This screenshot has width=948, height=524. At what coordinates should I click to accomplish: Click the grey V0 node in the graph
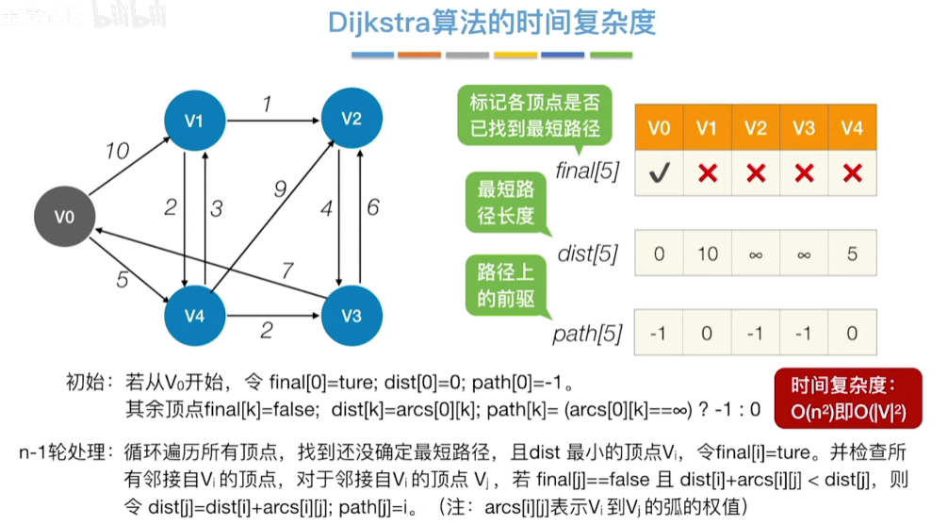(x=64, y=217)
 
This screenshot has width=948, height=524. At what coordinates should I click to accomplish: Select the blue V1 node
(x=194, y=121)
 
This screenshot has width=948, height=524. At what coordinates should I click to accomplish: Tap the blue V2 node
(x=351, y=118)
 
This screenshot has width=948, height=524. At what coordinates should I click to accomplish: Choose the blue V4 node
(x=194, y=316)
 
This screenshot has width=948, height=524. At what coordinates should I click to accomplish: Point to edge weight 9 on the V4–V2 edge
(x=280, y=189)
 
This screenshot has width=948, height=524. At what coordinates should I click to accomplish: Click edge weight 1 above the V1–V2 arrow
(x=267, y=105)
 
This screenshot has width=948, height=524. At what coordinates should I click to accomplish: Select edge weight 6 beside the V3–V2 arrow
(x=373, y=207)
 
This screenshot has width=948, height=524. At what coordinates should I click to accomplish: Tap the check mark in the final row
(x=659, y=173)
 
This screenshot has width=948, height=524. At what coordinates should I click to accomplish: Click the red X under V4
(x=852, y=173)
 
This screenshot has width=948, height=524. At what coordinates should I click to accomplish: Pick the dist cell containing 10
(x=707, y=254)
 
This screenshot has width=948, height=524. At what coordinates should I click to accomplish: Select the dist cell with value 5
(x=852, y=254)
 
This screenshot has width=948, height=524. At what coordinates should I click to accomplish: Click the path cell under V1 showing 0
(x=707, y=333)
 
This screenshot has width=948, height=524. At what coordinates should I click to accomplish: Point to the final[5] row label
(x=586, y=172)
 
